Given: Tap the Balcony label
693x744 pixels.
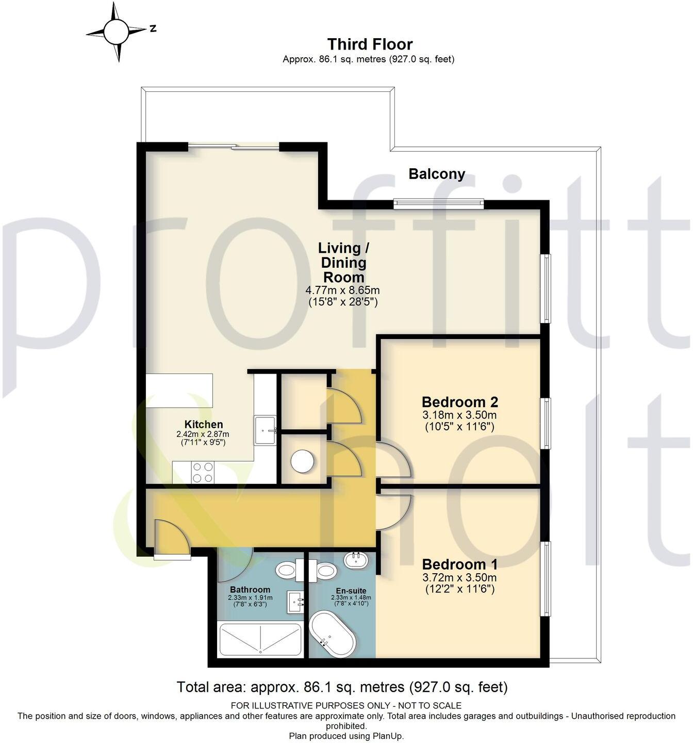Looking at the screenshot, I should point(436,174).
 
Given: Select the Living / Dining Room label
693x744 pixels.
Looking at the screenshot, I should point(343,262).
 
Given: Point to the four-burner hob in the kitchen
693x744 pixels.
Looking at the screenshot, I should point(203,472).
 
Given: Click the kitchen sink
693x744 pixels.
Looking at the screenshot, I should point(266,429).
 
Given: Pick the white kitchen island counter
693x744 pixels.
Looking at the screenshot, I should point(179,390).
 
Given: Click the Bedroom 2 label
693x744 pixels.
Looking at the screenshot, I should point(459,401).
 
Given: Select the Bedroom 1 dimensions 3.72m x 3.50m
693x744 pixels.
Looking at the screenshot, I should point(459,577).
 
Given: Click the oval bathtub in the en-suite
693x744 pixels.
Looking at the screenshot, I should point(333,634).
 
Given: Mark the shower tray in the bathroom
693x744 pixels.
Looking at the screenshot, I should point(260,639).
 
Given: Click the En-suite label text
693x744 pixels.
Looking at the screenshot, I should point(351,591).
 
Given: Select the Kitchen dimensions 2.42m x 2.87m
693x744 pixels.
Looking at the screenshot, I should point(203,434).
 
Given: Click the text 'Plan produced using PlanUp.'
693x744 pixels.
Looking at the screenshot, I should point(346,736).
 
